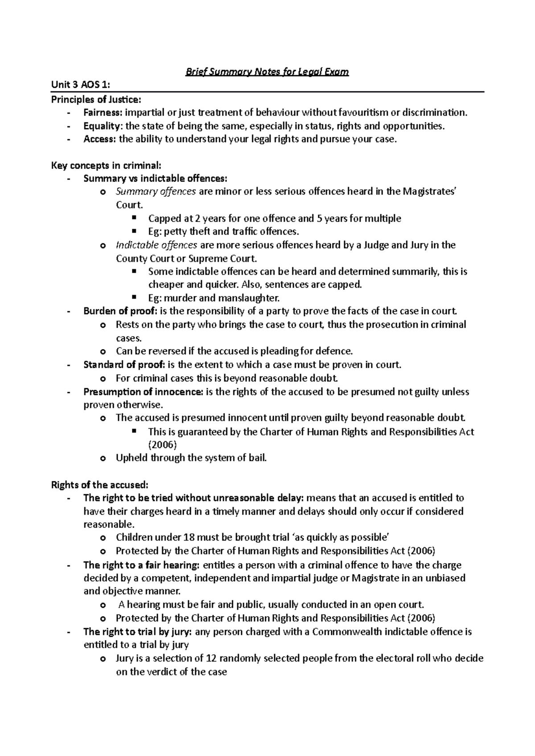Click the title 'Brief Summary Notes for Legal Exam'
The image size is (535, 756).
tap(267, 72)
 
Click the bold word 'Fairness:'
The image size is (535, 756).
tap(99, 112)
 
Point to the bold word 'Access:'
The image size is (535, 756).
tap(99, 139)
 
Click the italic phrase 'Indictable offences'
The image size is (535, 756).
tap(156, 245)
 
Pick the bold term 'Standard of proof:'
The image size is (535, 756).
tap(124, 365)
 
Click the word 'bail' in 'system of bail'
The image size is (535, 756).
tap(258, 458)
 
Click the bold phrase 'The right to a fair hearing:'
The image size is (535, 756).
tap(141, 565)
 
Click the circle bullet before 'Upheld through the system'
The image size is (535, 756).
tap(103, 458)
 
